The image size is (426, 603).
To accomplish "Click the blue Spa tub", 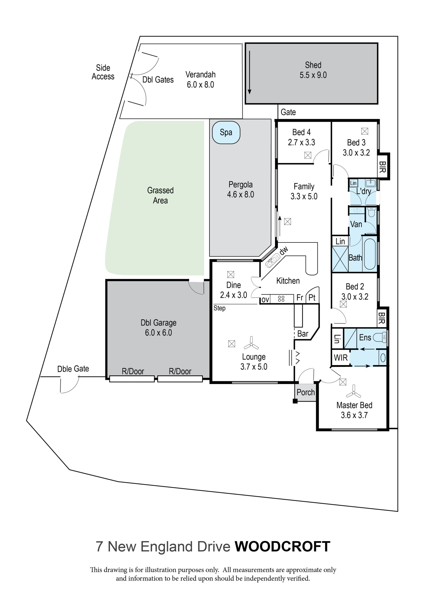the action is tap(226, 132).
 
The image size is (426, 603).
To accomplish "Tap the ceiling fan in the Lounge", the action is tap(251, 343).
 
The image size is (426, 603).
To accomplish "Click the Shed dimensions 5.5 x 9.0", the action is tap(313, 75).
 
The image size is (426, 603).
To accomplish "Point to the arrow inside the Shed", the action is tap(250, 72).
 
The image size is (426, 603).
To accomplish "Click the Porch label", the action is tap(305, 392).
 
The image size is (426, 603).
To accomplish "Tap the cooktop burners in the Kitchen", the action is tap(281, 299).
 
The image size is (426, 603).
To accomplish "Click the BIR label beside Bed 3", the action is tap(382, 167).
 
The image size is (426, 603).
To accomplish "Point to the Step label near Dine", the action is tap(219, 308).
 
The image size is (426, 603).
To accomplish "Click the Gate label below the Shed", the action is tap(288, 112).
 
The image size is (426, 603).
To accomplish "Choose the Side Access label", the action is tap(103, 72).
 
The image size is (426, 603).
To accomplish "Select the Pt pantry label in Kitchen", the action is tap(312, 297).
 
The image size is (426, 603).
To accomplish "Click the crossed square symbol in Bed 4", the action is tap(308, 155).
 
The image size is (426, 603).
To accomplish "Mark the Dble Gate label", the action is tap(73, 369).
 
